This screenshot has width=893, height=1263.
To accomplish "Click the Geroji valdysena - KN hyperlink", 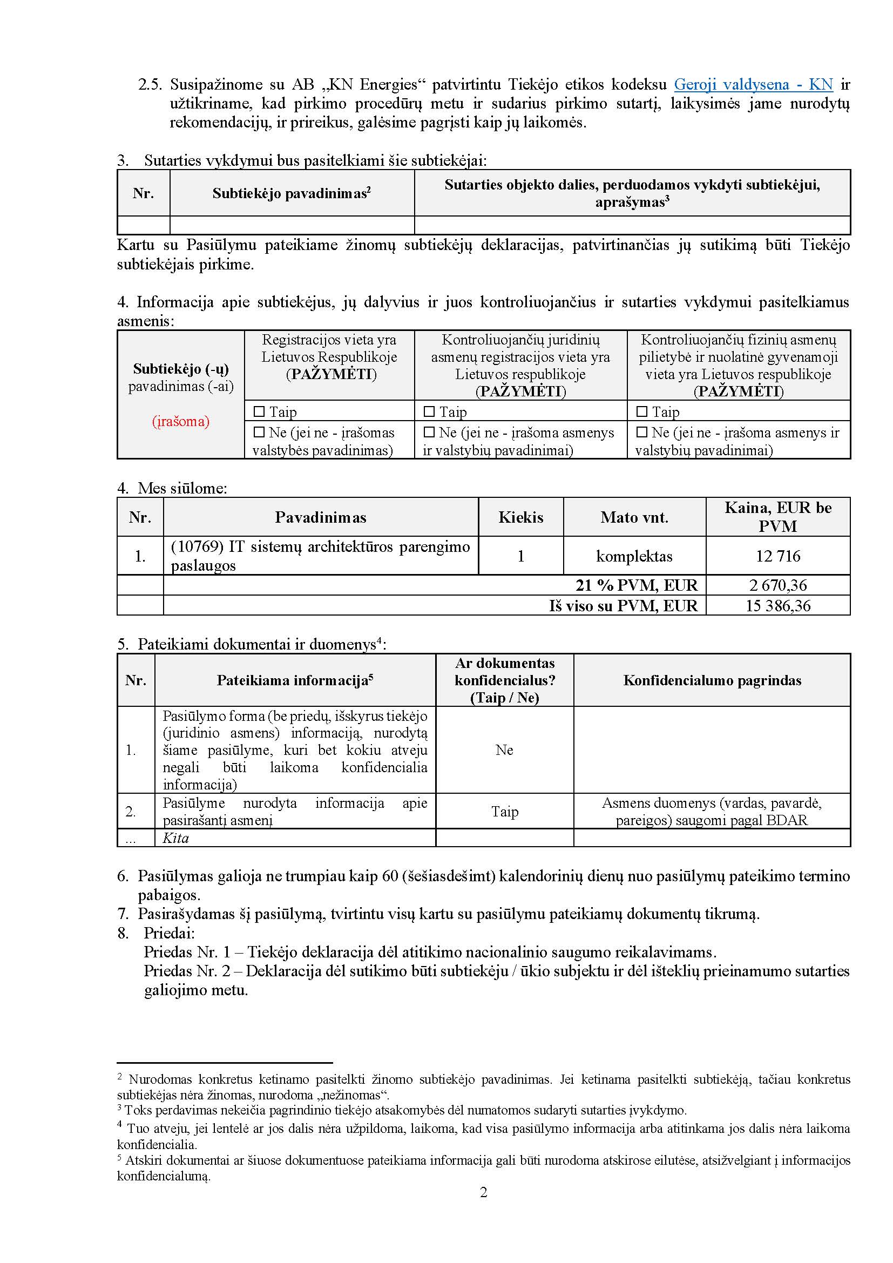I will (x=753, y=85).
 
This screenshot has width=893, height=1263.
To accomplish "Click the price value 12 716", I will (x=777, y=556).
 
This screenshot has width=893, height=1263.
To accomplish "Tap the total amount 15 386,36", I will (x=777, y=606).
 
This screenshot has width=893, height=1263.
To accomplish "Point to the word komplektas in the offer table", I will (x=634, y=556).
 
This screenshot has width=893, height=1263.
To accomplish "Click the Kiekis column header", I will (x=520, y=517).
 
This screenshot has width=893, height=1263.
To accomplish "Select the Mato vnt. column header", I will (x=634, y=517).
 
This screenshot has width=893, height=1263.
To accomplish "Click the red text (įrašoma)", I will (x=180, y=422).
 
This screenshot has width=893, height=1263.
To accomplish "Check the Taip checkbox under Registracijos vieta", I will (x=259, y=411).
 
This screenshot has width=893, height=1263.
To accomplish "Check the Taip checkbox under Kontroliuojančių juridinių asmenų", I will (x=429, y=411).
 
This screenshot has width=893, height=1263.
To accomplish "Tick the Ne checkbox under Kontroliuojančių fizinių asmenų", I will (x=642, y=433).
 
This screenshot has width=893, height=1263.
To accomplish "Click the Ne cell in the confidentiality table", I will (x=504, y=750).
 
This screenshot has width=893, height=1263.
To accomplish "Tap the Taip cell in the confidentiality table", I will (x=504, y=812).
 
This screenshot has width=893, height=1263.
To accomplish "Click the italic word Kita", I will (x=175, y=838).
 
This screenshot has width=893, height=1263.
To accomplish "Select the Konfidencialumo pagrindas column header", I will (x=712, y=680).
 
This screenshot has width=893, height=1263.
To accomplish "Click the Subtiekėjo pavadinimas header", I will (x=292, y=193).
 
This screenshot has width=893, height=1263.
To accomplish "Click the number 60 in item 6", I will (x=390, y=876).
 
